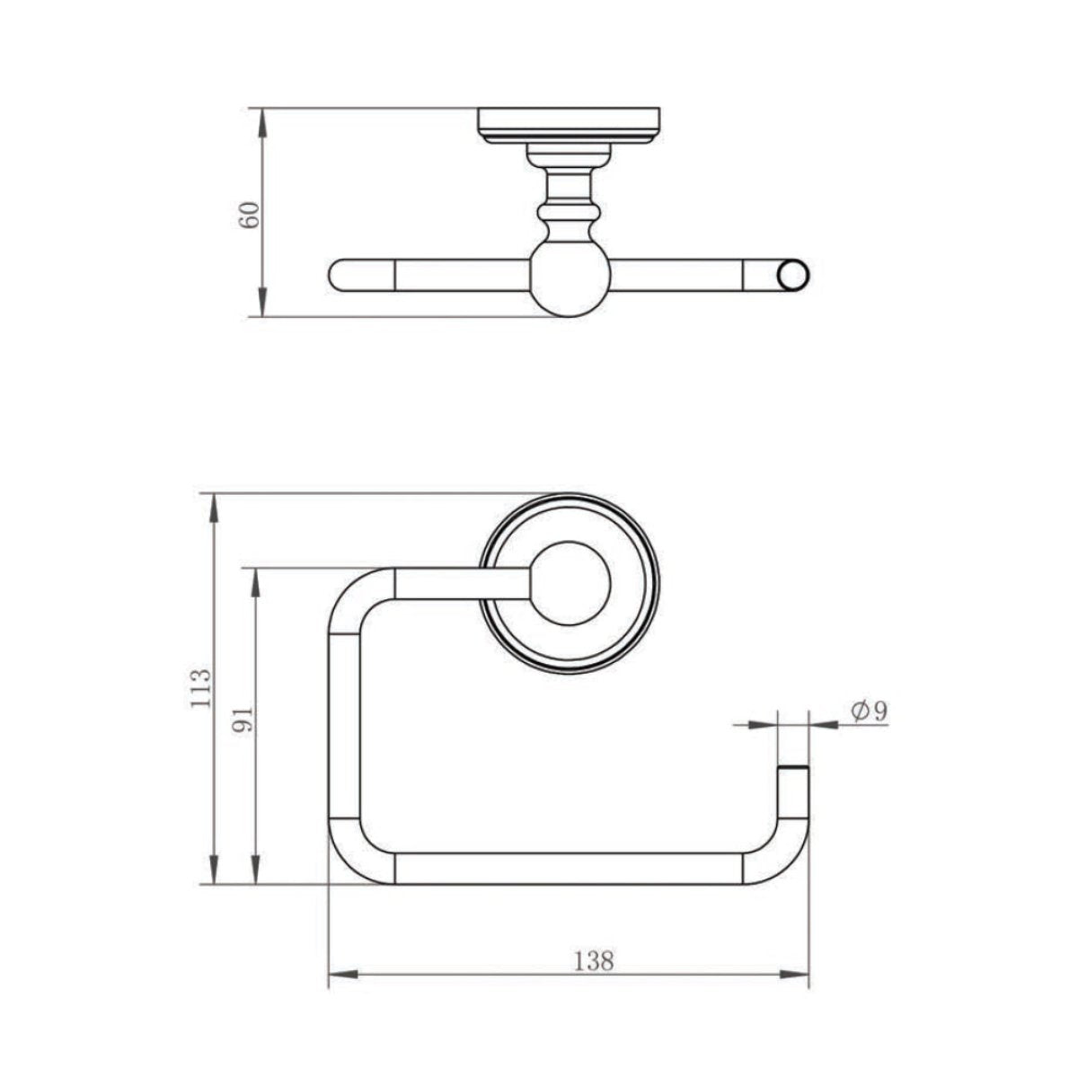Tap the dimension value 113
[x=202, y=688]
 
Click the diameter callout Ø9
[x=868, y=711]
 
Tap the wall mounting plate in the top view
[x=570, y=126]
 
